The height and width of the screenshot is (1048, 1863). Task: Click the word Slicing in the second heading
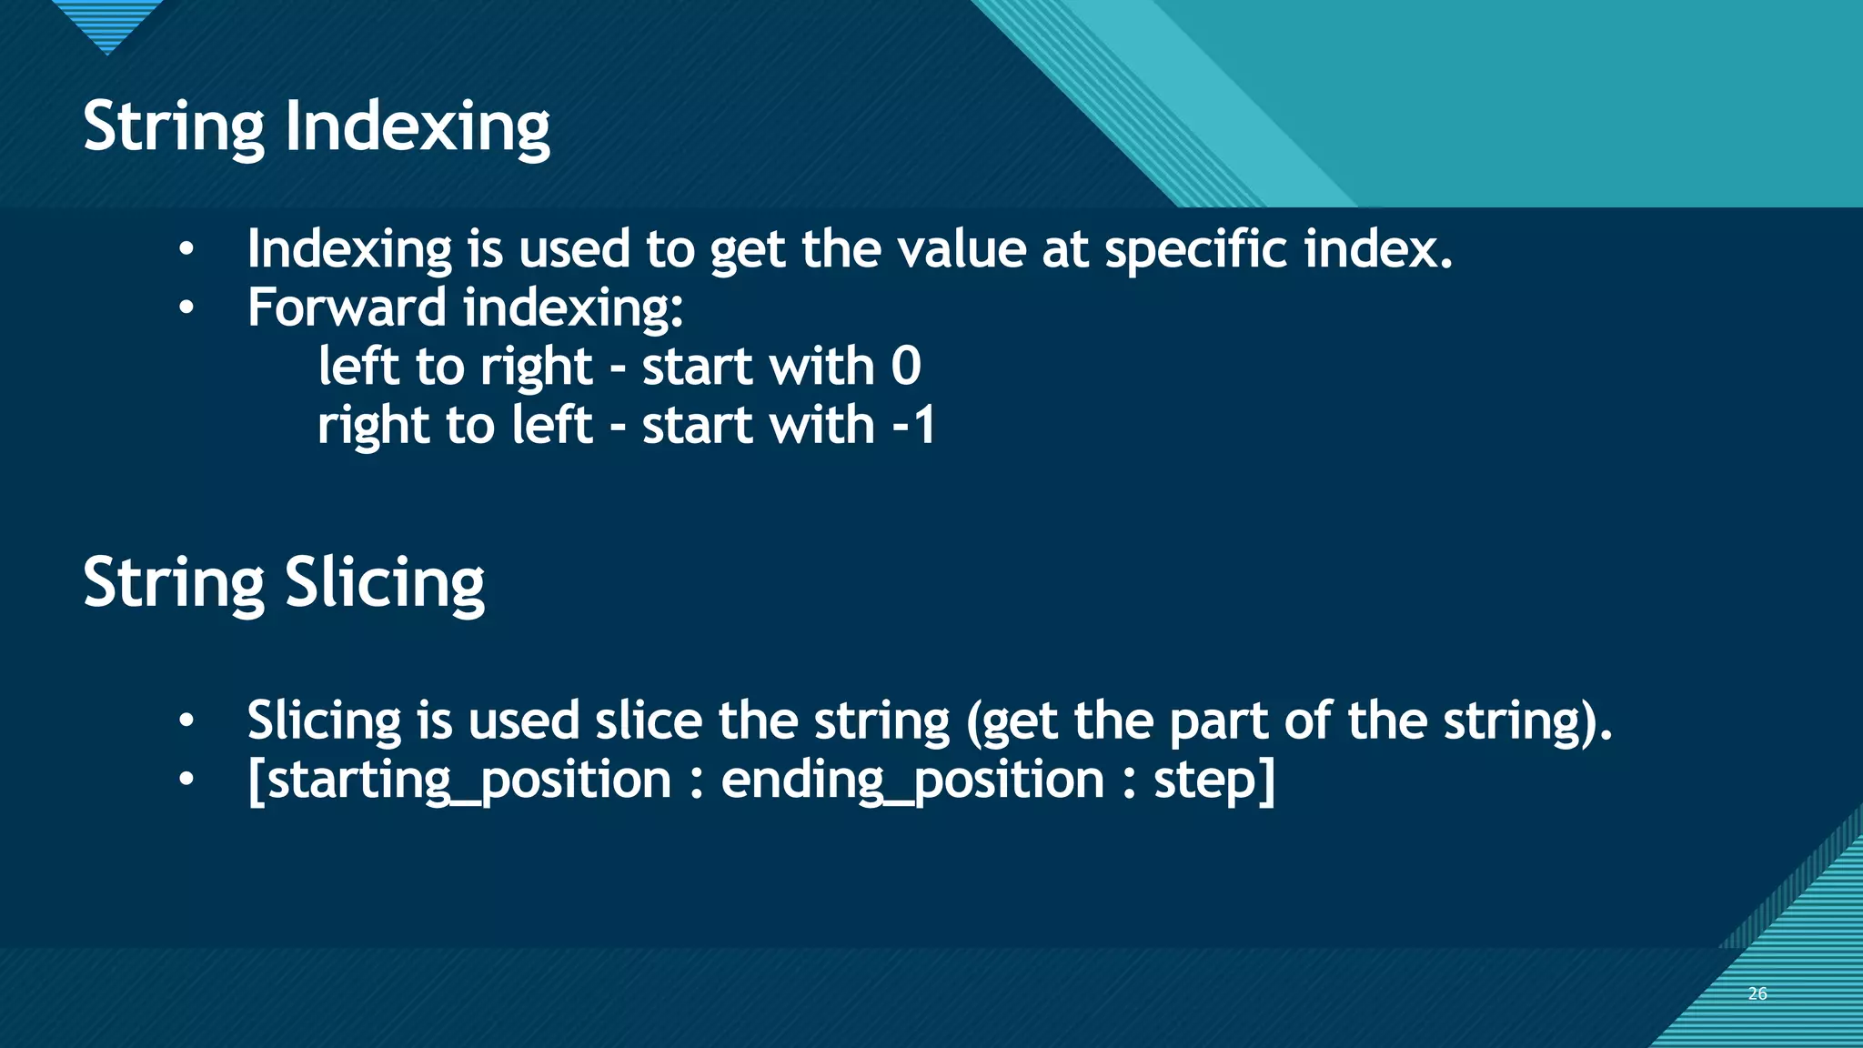coord(385,583)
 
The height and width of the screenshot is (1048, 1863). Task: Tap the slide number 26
coord(1757,993)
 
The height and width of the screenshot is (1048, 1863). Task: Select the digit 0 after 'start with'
coord(905,367)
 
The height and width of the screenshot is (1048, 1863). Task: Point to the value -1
coord(914,426)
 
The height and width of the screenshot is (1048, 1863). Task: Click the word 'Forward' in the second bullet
coord(347,307)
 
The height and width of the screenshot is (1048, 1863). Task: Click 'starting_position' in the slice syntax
coord(459,781)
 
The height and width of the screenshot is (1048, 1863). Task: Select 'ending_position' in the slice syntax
coord(911,781)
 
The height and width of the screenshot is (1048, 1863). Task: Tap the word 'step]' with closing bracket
coord(1213,781)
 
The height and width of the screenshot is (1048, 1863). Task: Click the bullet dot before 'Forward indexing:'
coord(186,308)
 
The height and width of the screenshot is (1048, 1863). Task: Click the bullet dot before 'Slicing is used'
coord(186,721)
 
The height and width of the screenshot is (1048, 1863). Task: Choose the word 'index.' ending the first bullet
coord(1377,249)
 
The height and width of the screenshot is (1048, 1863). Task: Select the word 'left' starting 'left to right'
coord(358,367)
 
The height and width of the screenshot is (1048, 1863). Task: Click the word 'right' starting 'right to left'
coord(373,426)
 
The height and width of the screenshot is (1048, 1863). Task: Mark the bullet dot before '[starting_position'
coord(186,781)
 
